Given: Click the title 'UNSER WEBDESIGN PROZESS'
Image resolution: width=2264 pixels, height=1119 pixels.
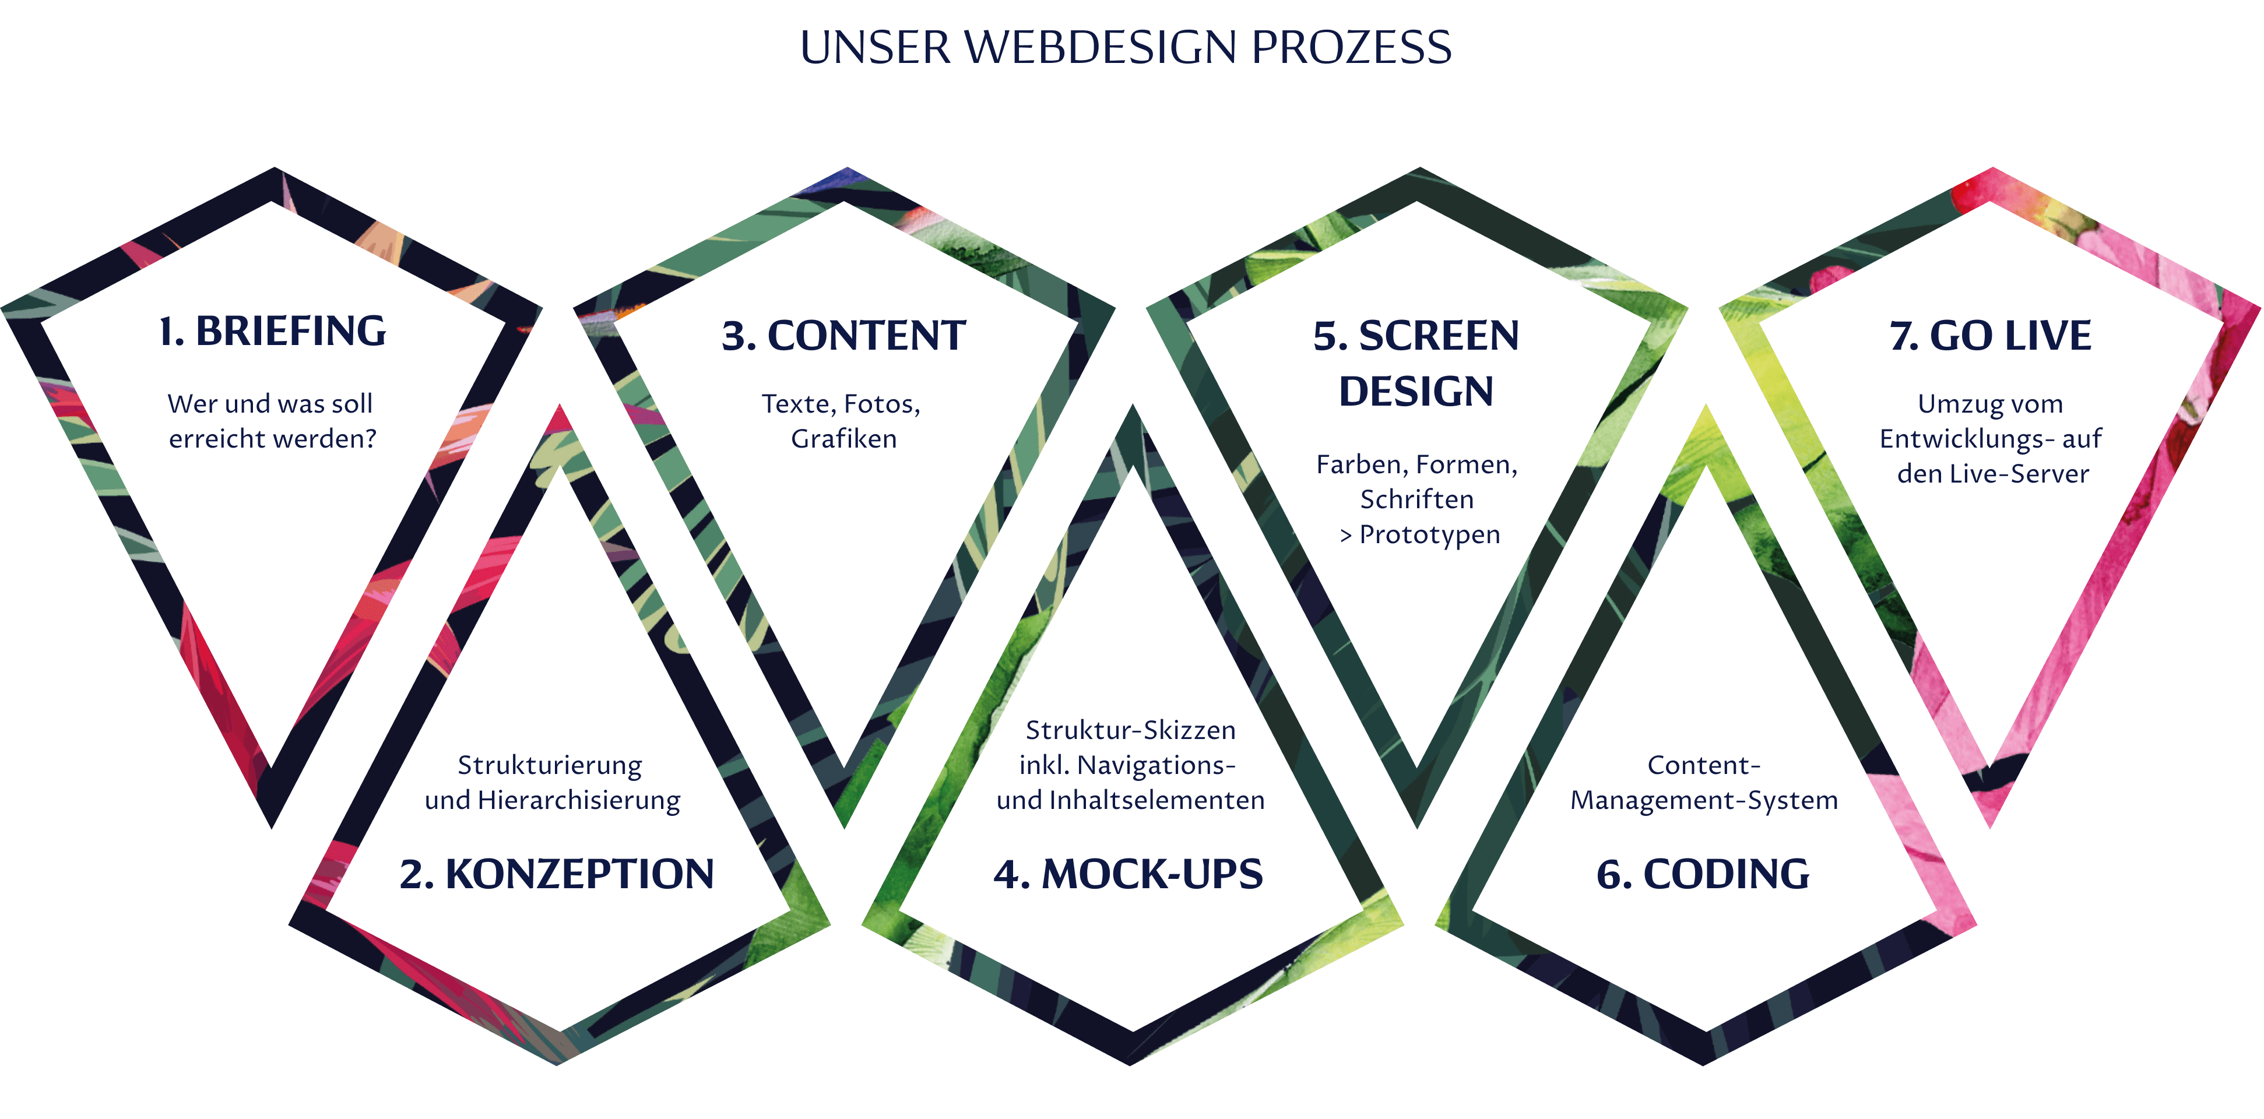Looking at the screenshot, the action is tap(1125, 47).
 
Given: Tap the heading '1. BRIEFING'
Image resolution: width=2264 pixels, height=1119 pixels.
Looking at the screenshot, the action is tap(272, 332).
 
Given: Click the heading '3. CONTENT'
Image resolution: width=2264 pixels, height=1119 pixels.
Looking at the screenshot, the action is tap(843, 336).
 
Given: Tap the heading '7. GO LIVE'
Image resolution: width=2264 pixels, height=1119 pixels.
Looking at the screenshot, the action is tap(1991, 336).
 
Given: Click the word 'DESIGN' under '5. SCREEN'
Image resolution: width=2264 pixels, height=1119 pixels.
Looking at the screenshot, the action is tap(1416, 391).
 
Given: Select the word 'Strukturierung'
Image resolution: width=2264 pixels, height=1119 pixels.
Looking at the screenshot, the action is tap(550, 766).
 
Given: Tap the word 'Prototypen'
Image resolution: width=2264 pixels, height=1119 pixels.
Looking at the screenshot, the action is tap(1430, 534).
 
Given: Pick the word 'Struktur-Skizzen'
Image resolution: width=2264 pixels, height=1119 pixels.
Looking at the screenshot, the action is tap(1131, 730).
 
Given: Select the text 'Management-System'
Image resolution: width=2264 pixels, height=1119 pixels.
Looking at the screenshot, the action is tap(1704, 800).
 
